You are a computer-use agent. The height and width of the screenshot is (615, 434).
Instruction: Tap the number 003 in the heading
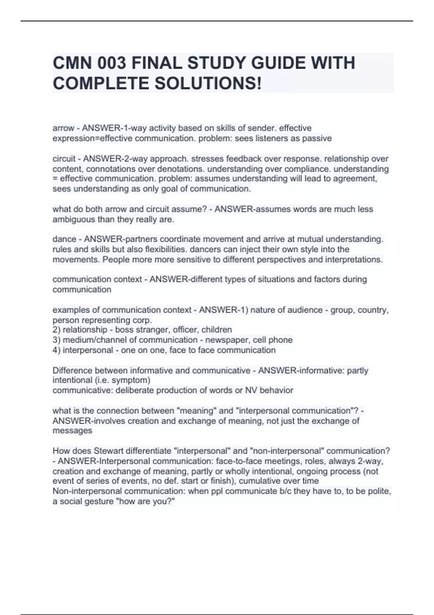tap(112, 64)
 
